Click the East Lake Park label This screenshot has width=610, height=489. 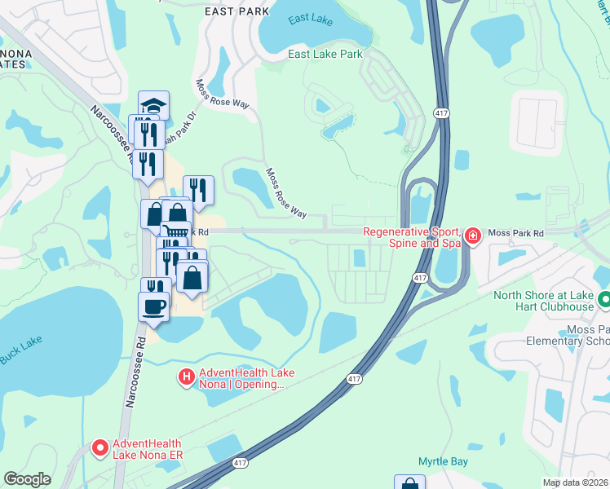tap(325, 55)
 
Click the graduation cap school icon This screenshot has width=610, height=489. tap(153, 105)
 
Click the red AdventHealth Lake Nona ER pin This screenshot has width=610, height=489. tap(100, 447)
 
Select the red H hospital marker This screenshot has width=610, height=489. tap(186, 377)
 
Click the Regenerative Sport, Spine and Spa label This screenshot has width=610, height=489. tap(412, 237)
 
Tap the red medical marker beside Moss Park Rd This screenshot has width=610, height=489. tap(472, 236)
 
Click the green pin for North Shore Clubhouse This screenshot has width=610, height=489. tap(603, 299)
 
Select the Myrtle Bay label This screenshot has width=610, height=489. tap(443, 462)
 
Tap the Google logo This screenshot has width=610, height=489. tap(27, 478)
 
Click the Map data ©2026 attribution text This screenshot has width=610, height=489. tap(575, 482)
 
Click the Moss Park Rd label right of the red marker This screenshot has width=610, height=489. tap(515, 234)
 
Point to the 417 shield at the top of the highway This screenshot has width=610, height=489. tap(441, 112)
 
